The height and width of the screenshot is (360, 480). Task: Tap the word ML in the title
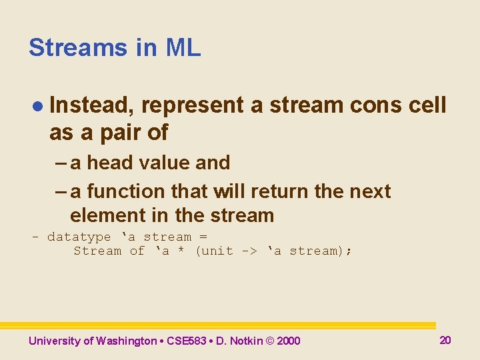click(183, 48)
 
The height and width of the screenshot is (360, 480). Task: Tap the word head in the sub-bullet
click(109, 163)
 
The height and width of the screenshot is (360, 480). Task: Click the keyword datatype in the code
click(79, 237)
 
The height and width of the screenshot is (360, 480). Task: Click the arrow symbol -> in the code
click(250, 251)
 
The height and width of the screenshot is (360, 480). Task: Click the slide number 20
click(445, 340)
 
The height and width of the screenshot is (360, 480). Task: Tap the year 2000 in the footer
click(288, 341)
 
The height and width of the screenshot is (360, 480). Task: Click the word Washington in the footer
click(126, 341)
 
